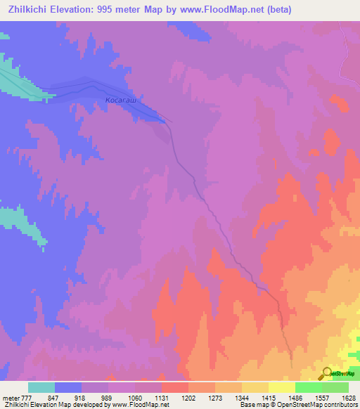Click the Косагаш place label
(x=120, y=101)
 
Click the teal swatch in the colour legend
(x=41, y=387)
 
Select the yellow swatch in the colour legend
(x=282, y=387)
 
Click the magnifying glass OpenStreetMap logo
(x=327, y=373)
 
